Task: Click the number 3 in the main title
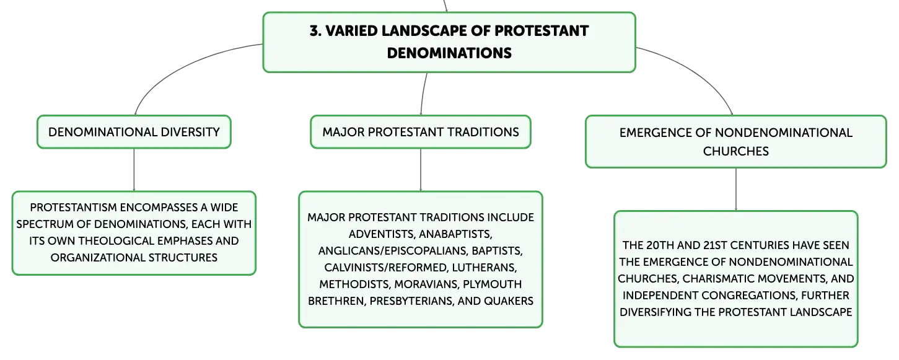[314, 31]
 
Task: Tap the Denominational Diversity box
[134, 132]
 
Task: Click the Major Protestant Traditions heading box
[421, 132]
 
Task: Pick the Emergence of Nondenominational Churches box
[735, 142]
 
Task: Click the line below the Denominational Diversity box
[134, 170]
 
